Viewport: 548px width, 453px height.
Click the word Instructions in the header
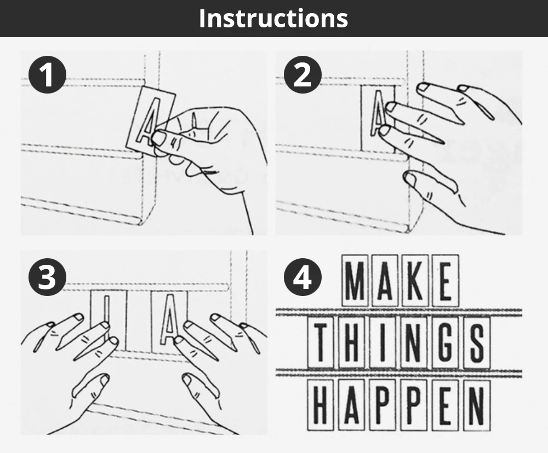pyautogui.click(x=273, y=18)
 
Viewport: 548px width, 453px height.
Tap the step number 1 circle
pyautogui.click(x=47, y=75)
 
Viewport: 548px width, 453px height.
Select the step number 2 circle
pyautogui.click(x=302, y=75)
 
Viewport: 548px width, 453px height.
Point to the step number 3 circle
pyautogui.click(x=47, y=277)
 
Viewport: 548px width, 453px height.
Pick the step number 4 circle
pyautogui.click(x=302, y=277)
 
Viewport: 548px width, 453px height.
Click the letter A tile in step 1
pyautogui.click(x=151, y=120)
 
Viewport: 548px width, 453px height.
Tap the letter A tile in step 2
pyautogui.click(x=378, y=119)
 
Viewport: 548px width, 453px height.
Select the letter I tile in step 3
pyautogui.click(x=107, y=321)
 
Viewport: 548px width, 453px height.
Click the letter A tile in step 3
pyautogui.click(x=169, y=321)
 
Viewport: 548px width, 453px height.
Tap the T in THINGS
pyautogui.click(x=321, y=342)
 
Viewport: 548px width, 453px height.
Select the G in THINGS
pyautogui.click(x=445, y=342)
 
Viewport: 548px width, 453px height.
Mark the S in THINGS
pyautogui.click(x=477, y=342)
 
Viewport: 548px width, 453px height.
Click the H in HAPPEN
pyautogui.click(x=321, y=405)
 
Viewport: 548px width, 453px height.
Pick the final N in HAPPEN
pyautogui.click(x=477, y=405)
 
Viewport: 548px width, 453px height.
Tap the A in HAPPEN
pyautogui.click(x=352, y=405)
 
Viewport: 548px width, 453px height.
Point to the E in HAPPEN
pyautogui.click(x=445, y=405)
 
